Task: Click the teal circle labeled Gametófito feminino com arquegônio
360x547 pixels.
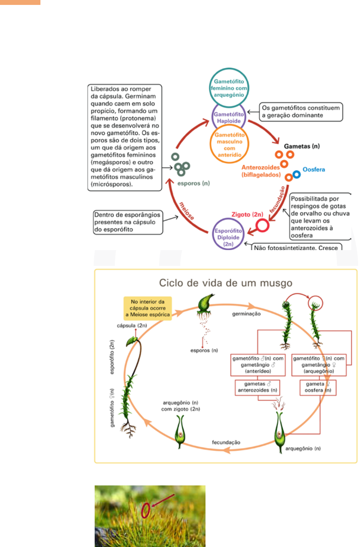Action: point(229,88)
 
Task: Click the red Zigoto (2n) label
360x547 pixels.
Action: point(247,214)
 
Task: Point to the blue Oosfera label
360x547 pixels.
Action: point(314,170)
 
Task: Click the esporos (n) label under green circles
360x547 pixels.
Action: point(193,183)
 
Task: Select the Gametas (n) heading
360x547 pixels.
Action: point(301,146)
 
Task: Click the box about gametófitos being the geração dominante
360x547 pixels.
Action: point(301,112)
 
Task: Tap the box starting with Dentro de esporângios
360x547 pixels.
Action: point(128,222)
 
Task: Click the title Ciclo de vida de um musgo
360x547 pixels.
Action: point(226,283)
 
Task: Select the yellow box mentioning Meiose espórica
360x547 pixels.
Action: point(148,308)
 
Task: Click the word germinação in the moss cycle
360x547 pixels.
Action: point(246,314)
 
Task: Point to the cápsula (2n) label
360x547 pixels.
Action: point(132,326)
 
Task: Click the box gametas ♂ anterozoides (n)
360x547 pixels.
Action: point(257,387)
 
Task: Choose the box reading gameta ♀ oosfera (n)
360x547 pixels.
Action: point(317,387)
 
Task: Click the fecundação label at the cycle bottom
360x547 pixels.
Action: point(226,442)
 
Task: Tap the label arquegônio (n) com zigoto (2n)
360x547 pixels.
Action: point(181,406)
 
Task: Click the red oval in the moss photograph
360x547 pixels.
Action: point(145,510)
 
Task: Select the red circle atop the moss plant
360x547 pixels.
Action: point(315,303)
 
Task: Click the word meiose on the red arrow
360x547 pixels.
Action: point(187,211)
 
